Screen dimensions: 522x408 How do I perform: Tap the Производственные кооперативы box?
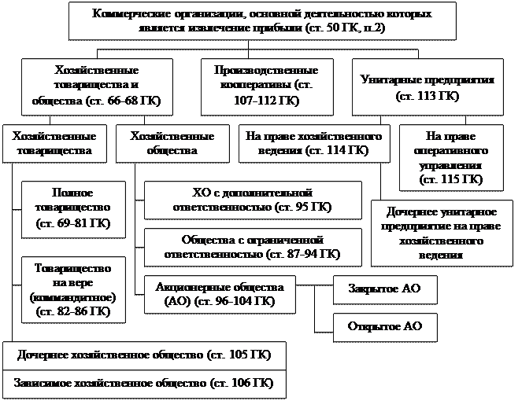pyautogui.click(x=265, y=86)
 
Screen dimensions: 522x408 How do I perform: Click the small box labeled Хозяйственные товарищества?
pyautogui.click(x=55, y=142)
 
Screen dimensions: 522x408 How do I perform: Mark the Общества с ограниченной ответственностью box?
pyautogui.click(x=253, y=247)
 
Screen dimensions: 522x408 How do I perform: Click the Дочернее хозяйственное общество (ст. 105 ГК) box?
pyautogui.click(x=144, y=355)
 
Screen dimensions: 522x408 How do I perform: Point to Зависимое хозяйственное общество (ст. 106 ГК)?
pyautogui.click(x=144, y=383)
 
